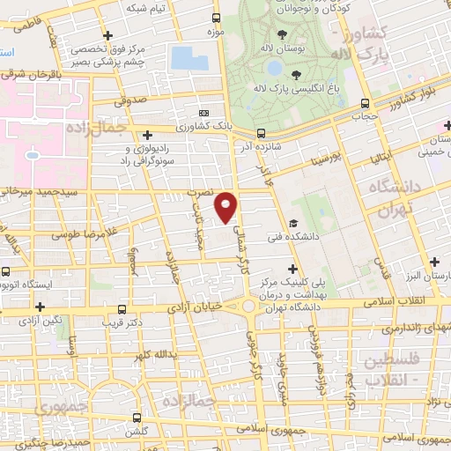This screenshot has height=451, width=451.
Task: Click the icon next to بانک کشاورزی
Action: click(204, 113)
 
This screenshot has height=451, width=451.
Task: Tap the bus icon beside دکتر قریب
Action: click(122, 309)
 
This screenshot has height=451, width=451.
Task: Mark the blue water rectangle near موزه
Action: click(191, 58)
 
